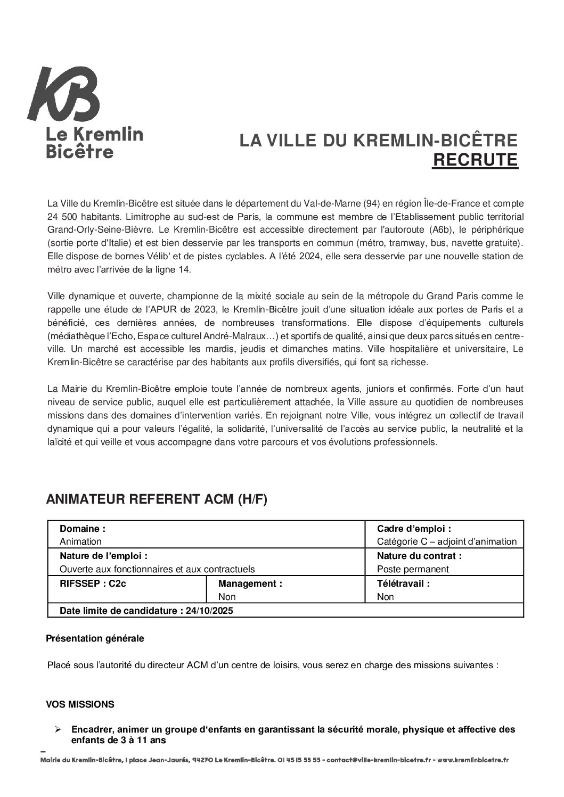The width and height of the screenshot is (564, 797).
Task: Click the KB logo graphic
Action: click(x=64, y=96)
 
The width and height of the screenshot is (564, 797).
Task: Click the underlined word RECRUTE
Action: click(x=475, y=160)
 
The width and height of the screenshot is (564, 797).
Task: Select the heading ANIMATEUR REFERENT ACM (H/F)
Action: click(x=157, y=499)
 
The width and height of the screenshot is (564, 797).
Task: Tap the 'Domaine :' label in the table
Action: click(x=83, y=529)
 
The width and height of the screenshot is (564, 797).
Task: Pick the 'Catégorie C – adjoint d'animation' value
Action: click(x=446, y=541)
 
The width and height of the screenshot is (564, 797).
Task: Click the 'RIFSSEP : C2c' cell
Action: click(x=93, y=583)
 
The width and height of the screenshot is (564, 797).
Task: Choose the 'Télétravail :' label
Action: click(x=403, y=583)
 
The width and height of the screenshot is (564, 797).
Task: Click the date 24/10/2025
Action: click(x=210, y=611)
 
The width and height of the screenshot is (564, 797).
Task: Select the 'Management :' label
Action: click(x=250, y=584)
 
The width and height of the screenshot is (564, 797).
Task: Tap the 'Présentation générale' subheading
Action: click(x=95, y=638)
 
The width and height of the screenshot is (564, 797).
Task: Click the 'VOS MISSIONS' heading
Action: click(x=80, y=704)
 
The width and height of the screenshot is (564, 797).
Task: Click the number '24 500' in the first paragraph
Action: click(x=60, y=217)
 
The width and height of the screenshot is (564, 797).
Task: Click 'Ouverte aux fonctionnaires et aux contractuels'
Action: click(x=157, y=569)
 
